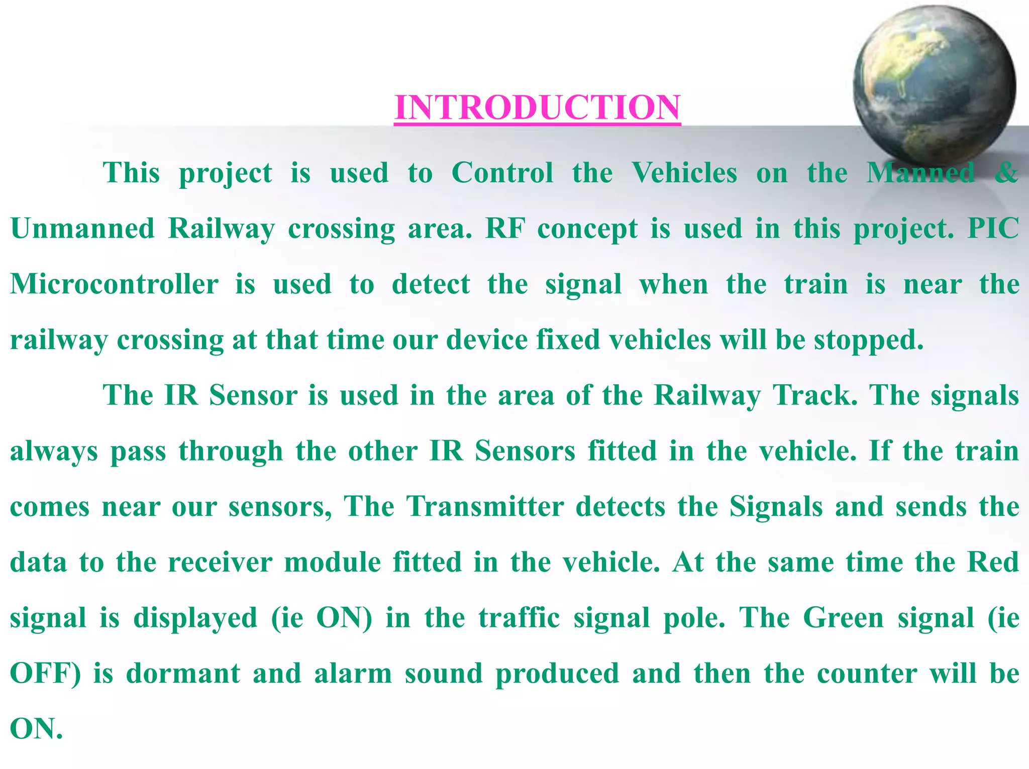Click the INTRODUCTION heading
(537, 107)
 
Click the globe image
(934, 85)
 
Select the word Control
(502, 173)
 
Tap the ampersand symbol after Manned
(1006, 173)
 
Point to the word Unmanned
(82, 229)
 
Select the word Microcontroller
(115, 284)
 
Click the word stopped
(869, 341)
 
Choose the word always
(54, 451)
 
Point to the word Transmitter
(485, 506)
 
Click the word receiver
(220, 562)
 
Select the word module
(333, 562)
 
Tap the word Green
(844, 618)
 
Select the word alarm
(353, 674)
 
